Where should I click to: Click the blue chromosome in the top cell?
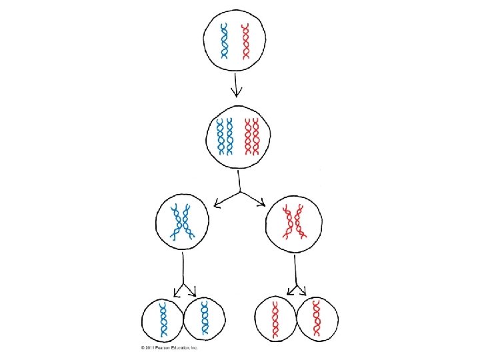pyautogui.click(x=226, y=41)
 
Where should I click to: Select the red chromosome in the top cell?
pyautogui.click(x=246, y=41)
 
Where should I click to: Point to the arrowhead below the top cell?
pyautogui.click(x=235, y=93)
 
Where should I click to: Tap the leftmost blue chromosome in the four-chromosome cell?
pyautogui.click(x=221, y=136)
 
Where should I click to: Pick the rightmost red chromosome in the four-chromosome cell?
pyautogui.click(x=256, y=136)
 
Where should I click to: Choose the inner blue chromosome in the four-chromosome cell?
pyautogui.click(x=230, y=136)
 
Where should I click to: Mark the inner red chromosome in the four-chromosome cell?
pyautogui.click(x=247, y=136)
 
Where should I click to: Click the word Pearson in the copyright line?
pyautogui.click(x=161, y=347)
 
